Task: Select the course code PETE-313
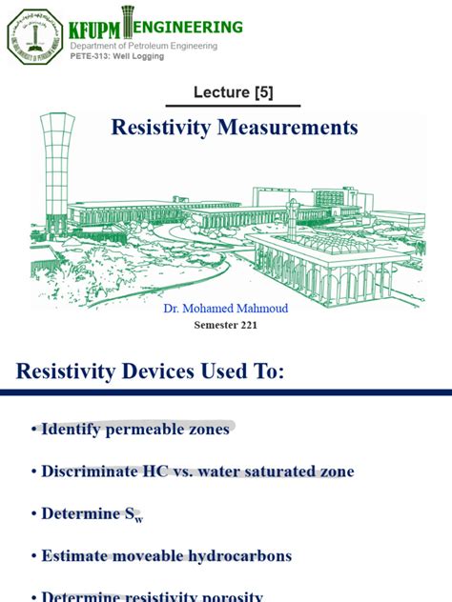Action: pos(90,56)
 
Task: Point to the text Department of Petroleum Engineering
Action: pos(144,46)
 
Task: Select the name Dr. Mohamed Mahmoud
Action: pos(226,308)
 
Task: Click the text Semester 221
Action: pos(226,325)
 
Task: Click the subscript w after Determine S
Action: pos(139,518)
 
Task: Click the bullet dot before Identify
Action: pos(33,431)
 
